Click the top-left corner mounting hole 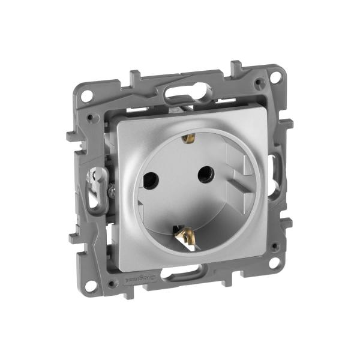(x=87, y=94)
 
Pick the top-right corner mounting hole (x=274, y=77)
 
